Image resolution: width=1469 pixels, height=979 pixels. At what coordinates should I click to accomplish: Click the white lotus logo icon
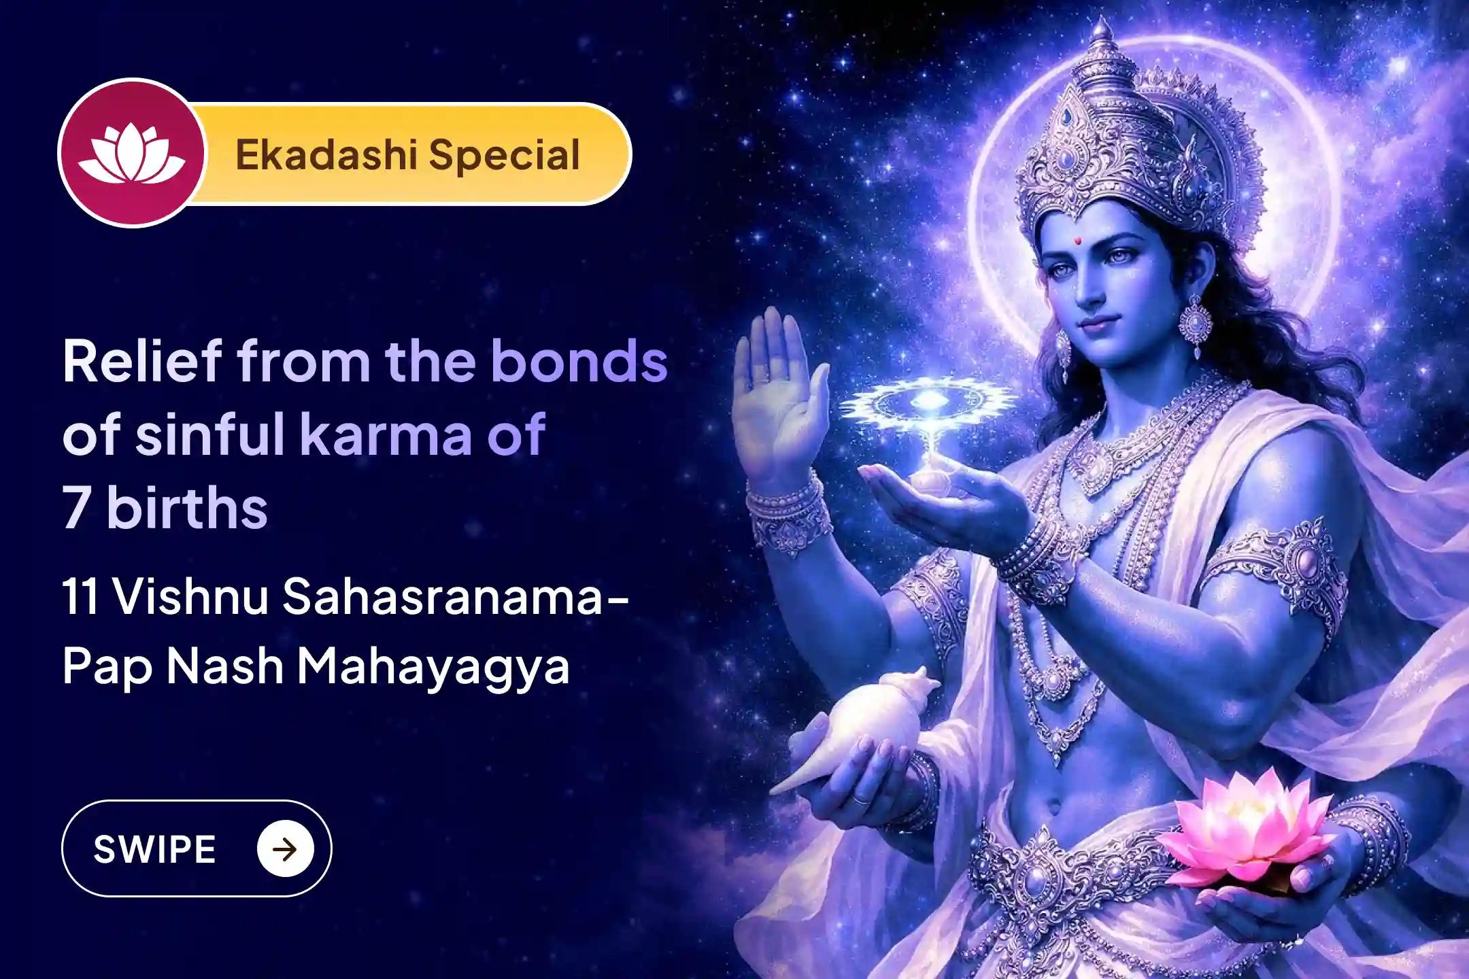point(131,154)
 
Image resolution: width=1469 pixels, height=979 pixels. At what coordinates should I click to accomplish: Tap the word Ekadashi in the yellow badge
point(324,154)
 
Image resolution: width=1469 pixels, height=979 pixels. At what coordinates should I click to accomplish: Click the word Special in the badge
point(504,156)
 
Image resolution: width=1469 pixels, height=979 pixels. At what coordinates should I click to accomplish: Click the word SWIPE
point(154,849)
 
